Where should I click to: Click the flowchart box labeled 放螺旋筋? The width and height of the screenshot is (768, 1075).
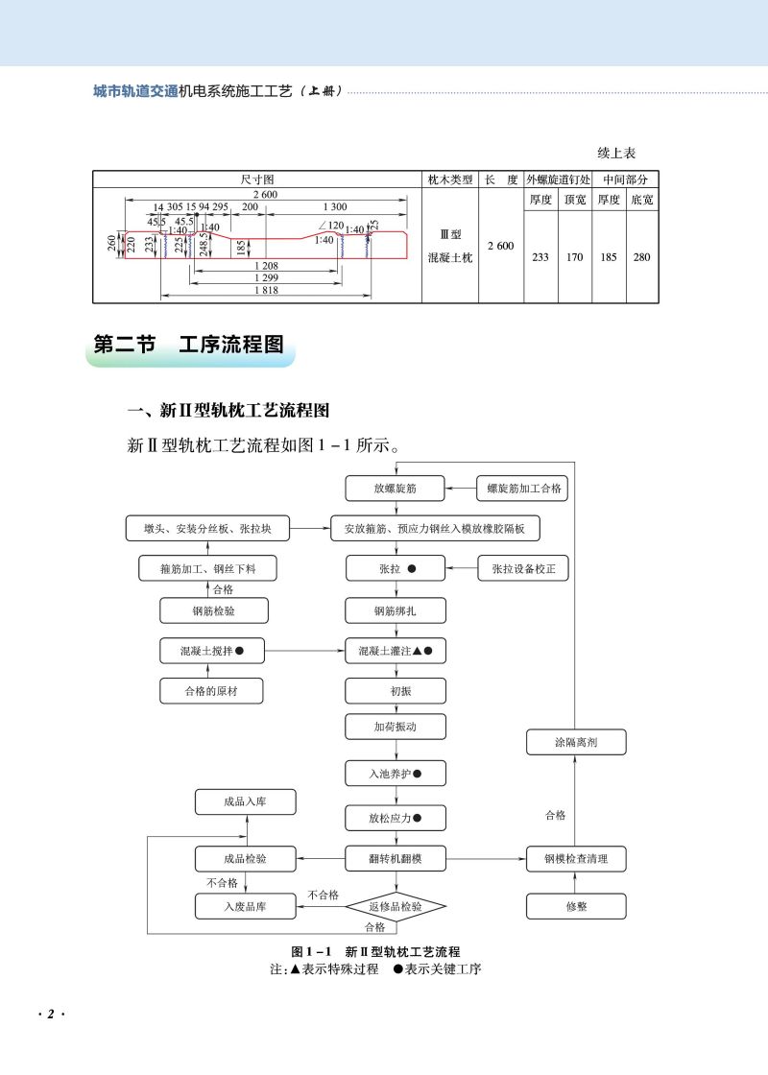[396, 489]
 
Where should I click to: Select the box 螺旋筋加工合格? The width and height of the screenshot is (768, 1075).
[522, 489]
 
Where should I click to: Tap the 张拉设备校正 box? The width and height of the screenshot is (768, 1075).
[523, 568]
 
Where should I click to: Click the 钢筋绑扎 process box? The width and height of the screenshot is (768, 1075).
[396, 610]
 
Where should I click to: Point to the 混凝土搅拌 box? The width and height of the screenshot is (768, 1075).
[211, 651]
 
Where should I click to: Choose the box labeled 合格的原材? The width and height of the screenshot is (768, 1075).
[211, 691]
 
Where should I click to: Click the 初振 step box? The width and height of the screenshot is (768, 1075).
[396, 691]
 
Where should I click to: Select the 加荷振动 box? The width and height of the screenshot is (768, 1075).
[396, 727]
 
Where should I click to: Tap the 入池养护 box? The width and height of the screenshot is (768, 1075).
[396, 772]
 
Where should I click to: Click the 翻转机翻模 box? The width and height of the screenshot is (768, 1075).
[396, 858]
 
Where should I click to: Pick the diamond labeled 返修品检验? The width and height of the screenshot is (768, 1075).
[396, 906]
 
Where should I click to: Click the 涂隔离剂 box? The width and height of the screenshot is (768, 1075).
[576, 742]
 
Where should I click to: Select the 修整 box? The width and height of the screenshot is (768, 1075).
[576, 906]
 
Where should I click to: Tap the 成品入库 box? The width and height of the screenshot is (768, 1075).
[245, 802]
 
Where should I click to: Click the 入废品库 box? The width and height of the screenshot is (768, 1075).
[245, 906]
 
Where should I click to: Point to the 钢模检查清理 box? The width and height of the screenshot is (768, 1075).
[576, 858]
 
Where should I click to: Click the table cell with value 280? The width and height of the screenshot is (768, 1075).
[641, 257]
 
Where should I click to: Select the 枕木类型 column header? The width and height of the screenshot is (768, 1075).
[449, 179]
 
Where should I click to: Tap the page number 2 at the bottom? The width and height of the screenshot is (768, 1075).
[48, 1015]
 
